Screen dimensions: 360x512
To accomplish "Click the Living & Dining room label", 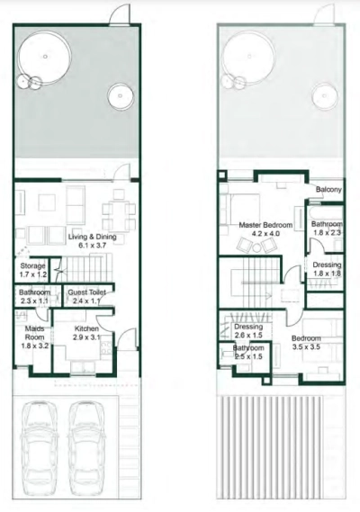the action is tap(92, 237).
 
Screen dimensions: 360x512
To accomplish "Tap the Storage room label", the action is tap(32, 266).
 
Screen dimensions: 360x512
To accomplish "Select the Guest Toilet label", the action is tap(87, 292).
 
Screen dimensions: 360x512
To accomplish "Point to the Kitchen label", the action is tap(86, 328).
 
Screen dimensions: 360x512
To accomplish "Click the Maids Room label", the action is tap(34, 333).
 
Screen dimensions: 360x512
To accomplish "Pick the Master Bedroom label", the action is tap(265, 225).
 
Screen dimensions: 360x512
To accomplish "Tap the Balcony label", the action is tap(328, 189).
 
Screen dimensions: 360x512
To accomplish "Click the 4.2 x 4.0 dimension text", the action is tap(265, 234).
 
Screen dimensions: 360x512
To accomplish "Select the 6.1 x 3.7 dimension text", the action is tap(92, 246).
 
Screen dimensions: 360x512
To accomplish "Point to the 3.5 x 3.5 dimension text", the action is tap(306, 346).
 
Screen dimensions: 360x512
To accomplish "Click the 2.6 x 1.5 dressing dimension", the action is tap(248, 336).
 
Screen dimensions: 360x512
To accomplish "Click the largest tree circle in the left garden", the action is tap(45, 33).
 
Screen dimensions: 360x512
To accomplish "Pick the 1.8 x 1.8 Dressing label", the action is tap(327, 269).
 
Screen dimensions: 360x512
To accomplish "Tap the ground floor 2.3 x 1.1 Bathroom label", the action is tap(34, 296).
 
